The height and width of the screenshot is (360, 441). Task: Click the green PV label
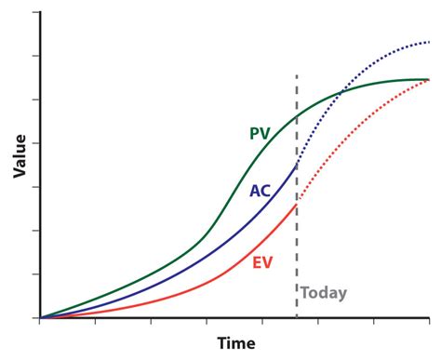tap(261, 133)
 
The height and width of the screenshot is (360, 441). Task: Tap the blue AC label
tap(261, 192)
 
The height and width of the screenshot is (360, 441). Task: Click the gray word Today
tap(323, 293)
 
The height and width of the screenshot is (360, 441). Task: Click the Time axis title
tap(235, 343)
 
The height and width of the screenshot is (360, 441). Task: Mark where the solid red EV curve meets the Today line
tap(297, 205)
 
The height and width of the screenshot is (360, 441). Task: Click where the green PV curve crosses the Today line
tap(297, 116)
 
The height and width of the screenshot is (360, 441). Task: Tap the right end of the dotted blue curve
tap(429, 42)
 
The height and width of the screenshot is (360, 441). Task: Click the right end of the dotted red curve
tap(429, 80)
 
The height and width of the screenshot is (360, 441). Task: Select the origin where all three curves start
tap(40, 318)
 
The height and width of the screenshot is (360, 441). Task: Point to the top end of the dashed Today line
tap(297, 74)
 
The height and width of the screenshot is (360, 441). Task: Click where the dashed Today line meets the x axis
tap(297, 318)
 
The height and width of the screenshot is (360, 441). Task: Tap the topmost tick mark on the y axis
tap(37, 13)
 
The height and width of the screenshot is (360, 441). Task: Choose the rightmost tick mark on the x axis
tap(429, 321)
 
